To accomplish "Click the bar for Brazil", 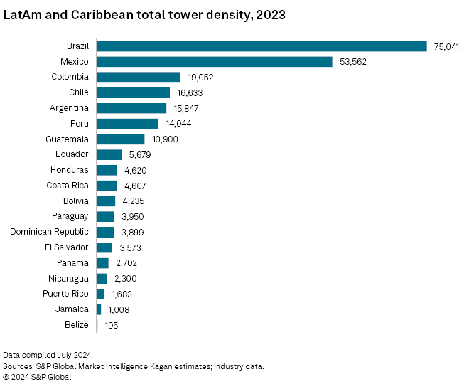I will coord(261,46).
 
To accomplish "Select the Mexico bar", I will coord(214,62).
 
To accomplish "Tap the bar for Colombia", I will coord(139,77).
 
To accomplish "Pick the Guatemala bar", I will coord(120,139).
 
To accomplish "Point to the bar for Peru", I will coord(127,124).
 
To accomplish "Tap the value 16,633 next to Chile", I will coord(190,92).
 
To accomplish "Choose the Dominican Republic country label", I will coord(49,232).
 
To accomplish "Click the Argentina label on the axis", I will coord(69,108).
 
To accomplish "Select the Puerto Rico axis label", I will coord(65,294).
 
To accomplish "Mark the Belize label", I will coord(76,325).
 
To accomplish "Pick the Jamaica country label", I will coord(72,309).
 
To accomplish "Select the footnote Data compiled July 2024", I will coord(48,355).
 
